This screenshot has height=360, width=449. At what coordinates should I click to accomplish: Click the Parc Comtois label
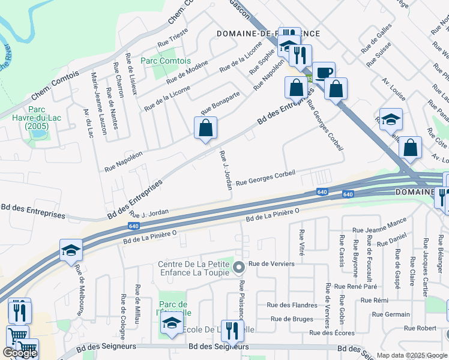coord(157,61)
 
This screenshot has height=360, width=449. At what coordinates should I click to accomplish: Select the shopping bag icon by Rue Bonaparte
coord(205,128)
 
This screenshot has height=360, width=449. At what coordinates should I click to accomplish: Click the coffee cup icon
coord(324,73)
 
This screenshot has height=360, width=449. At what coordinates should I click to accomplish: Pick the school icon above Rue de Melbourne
coord(71,251)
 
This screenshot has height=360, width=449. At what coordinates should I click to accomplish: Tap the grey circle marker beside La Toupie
coord(239,267)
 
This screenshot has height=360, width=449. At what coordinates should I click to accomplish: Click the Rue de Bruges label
coord(292,319)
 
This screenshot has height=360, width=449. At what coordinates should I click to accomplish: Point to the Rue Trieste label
coord(172,38)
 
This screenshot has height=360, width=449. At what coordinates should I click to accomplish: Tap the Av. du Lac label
coord(89,124)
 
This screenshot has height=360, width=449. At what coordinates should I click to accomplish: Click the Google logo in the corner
coord(19,353)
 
